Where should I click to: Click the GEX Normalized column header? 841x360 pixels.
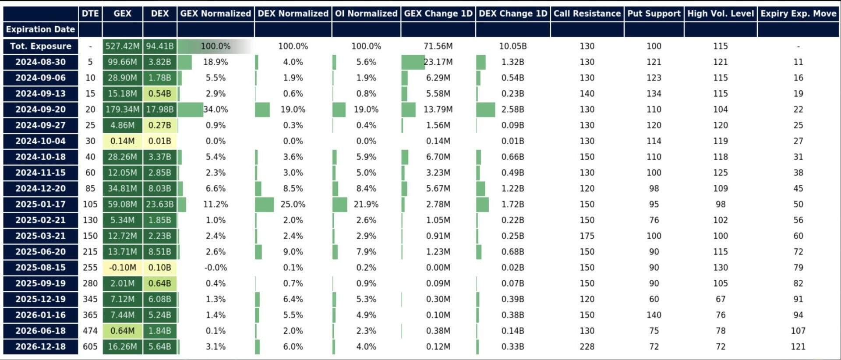(x=216, y=14)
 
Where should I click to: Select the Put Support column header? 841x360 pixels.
(x=654, y=14)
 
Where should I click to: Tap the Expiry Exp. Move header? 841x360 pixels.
(x=798, y=14)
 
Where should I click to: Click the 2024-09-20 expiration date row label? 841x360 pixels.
(x=40, y=109)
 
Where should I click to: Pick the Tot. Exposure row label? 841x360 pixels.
(x=40, y=46)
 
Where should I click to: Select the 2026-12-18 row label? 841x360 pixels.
(x=40, y=346)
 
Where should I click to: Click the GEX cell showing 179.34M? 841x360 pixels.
(x=122, y=109)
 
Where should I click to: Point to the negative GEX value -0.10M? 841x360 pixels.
(x=122, y=268)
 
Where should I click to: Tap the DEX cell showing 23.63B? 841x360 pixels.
(x=159, y=205)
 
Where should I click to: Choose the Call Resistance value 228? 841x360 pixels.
(x=587, y=346)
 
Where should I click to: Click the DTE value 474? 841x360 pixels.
(x=90, y=331)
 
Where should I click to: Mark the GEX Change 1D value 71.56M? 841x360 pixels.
(x=438, y=46)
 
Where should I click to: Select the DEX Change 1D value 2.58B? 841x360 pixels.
(x=512, y=109)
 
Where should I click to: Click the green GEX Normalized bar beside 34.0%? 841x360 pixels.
(x=191, y=109)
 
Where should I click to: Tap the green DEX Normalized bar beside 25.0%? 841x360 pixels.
(x=264, y=205)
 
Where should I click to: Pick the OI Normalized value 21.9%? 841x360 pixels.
(x=366, y=205)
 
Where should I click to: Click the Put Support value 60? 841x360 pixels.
(x=654, y=299)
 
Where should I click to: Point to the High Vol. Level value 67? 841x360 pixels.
(x=721, y=299)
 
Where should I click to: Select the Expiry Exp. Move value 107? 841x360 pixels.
(x=798, y=331)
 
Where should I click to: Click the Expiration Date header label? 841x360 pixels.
(x=40, y=30)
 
